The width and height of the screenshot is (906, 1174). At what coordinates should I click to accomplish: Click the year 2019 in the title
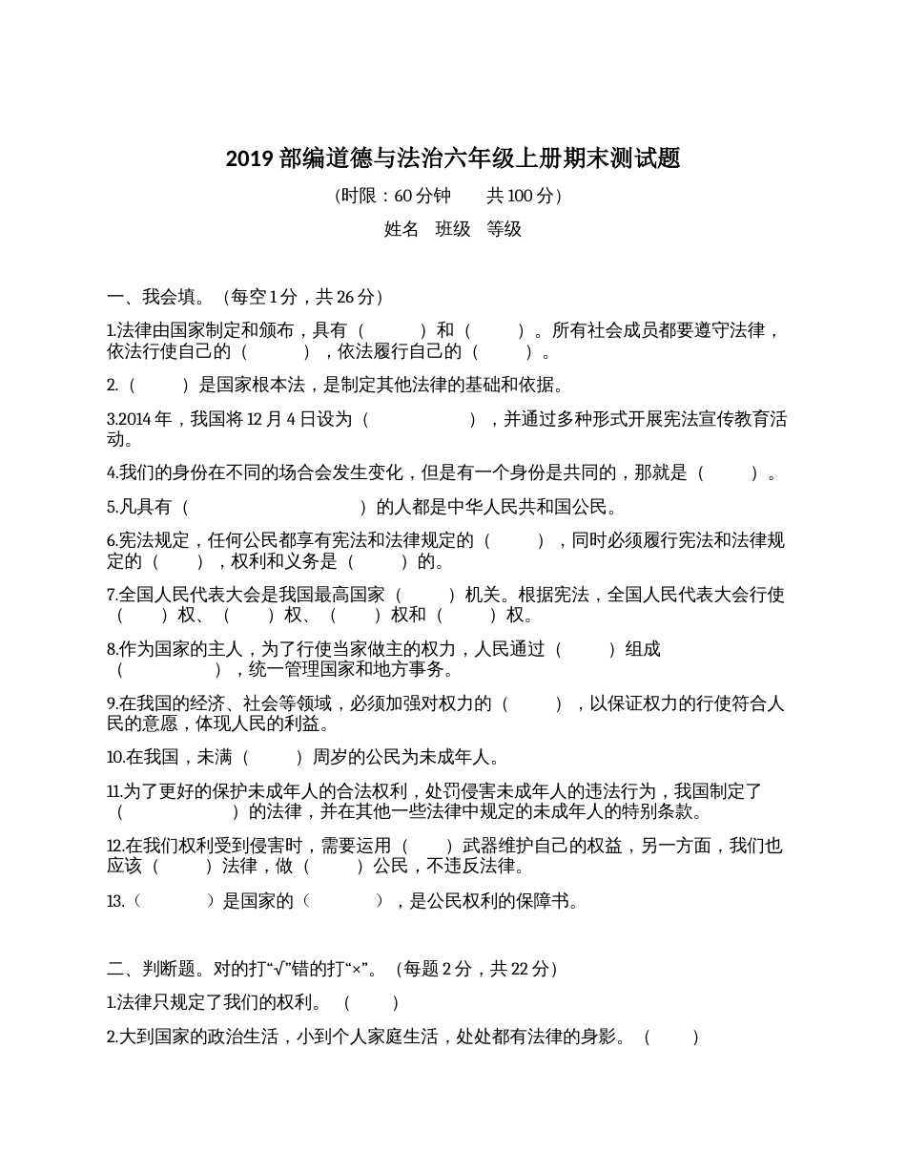[250, 158]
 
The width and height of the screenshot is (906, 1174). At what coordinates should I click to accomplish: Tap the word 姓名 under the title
[401, 229]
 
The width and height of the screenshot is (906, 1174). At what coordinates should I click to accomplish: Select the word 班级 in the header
[453, 229]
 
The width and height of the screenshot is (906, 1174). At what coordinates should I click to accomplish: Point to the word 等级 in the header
[504, 229]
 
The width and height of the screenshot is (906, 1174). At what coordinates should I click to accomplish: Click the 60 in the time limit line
[402, 196]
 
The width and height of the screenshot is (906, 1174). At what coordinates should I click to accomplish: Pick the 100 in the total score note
[520, 196]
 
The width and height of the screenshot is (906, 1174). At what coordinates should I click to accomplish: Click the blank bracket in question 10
[273, 758]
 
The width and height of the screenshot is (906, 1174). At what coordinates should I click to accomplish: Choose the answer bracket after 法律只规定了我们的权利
[371, 1003]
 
